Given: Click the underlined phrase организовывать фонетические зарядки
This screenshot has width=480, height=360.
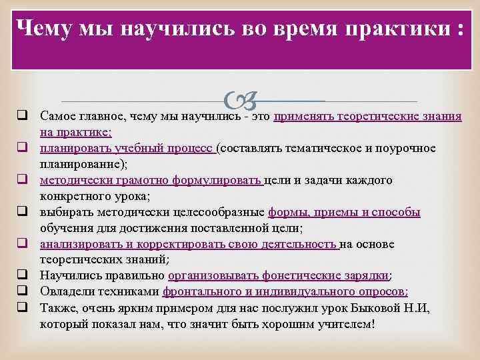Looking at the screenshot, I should [x=279, y=276].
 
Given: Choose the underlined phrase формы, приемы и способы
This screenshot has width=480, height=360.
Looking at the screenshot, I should [x=344, y=212].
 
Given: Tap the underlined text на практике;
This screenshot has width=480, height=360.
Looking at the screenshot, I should [x=76, y=132].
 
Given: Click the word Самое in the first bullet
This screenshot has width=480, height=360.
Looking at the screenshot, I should [x=57, y=116].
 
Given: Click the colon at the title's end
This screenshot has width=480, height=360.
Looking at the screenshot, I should [x=459, y=31].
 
